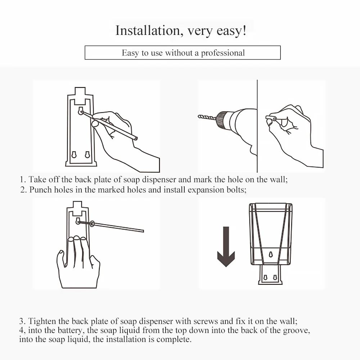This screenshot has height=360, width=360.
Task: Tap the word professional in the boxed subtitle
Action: coord(223,53)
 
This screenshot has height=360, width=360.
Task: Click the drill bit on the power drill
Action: coord(207,117)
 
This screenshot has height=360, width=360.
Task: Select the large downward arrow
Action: coord(226,247)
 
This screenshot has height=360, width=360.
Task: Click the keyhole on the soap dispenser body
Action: coord(271,255)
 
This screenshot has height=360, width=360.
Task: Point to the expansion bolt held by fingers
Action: coord(271,118)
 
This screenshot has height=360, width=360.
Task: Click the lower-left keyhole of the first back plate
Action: coord(74,155)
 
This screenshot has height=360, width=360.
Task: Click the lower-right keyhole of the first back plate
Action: coord(87,154)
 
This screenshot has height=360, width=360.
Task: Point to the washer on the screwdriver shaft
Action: coord(92,224)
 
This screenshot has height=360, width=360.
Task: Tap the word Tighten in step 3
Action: coord(42,321)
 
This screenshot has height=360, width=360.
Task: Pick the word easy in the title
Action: coord(229,31)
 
